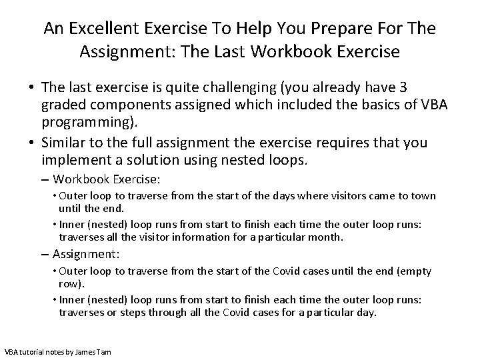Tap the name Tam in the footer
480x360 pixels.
click(x=103, y=351)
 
